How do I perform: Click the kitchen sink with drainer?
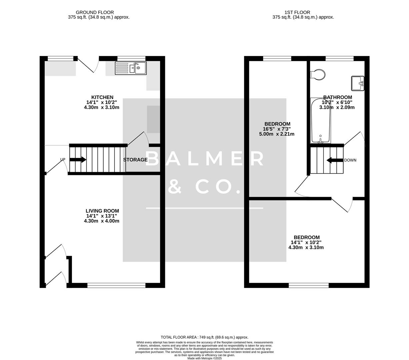(131, 68)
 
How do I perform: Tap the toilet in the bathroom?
(318, 75)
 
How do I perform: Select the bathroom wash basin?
(358, 83)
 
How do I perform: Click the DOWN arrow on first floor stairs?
(335, 160)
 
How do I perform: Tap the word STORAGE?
(135, 160)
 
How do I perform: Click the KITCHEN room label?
(102, 97)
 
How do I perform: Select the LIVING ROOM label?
(102, 211)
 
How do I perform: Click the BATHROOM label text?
(337, 97)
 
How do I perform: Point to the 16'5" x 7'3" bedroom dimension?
(276, 129)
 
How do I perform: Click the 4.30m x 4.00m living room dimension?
(102, 221)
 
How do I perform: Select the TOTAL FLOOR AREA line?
(204, 337)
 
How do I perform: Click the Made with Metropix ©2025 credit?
(204, 358)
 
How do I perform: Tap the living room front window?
(116, 285)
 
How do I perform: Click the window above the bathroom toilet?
(339, 59)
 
